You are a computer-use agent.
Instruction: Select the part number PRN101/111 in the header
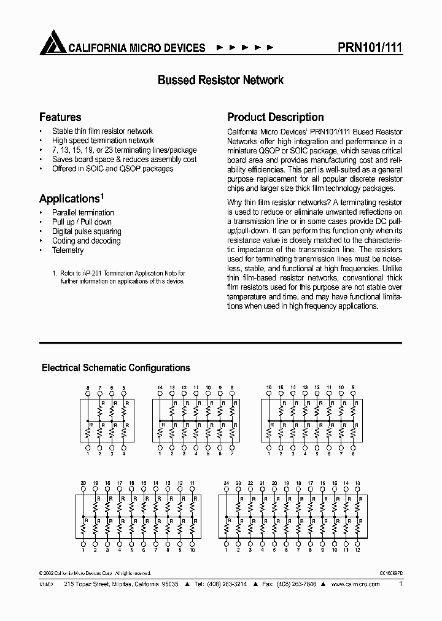370,47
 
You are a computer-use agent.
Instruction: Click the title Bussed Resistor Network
220,80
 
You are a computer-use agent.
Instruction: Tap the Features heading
60,117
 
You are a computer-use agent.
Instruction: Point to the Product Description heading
276,117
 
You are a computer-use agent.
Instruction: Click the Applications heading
69,198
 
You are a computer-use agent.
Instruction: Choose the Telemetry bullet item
68,250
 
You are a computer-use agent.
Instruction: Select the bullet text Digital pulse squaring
87,231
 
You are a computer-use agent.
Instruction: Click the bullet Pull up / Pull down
82,222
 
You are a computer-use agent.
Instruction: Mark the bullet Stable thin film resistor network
102,131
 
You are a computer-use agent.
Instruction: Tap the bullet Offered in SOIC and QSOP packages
112,169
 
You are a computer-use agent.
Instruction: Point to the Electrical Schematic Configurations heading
115,368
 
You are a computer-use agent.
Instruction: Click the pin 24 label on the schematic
227,484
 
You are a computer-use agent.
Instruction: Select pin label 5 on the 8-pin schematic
123,388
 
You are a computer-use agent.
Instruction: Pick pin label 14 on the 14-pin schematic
160,388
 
